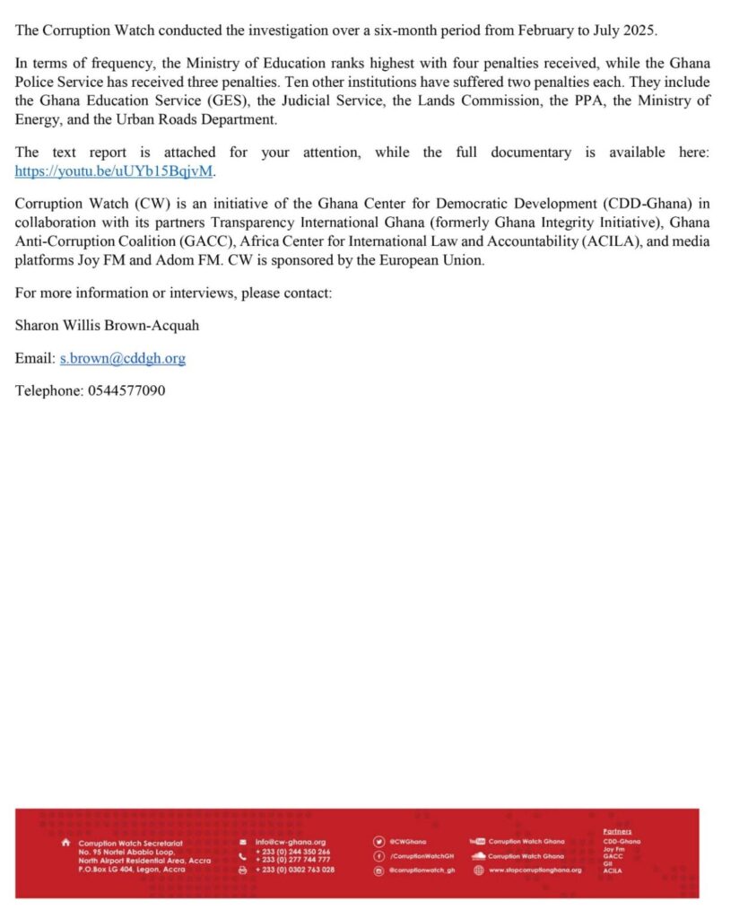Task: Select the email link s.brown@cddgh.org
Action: pyautogui.click(x=122, y=358)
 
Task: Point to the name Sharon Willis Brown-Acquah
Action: pyautogui.click(x=107, y=325)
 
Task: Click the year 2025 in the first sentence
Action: pyautogui.click(x=639, y=30)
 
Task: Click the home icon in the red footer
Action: pyautogui.click(x=65, y=843)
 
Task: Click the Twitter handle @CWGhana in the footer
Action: pyautogui.click(x=408, y=841)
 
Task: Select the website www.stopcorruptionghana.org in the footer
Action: pyautogui.click(x=535, y=870)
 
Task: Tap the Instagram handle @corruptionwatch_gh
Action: pyautogui.click(x=422, y=870)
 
